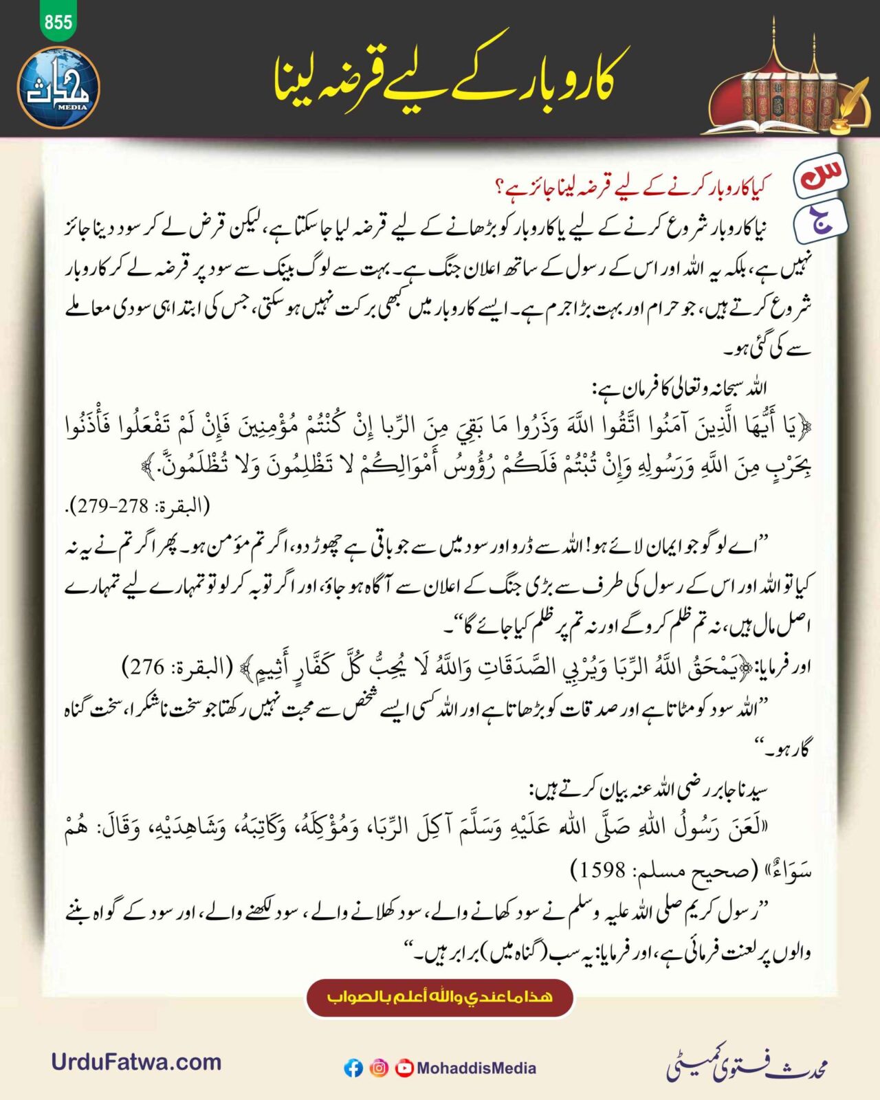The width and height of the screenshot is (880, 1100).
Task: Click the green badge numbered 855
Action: (x=58, y=22)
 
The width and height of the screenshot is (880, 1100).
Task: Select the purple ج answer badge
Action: (x=820, y=221)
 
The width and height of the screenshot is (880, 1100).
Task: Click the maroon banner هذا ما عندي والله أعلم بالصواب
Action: (x=440, y=997)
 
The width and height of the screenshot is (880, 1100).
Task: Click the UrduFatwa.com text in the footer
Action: (x=136, y=1062)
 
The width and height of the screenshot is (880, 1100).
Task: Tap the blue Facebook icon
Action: (x=353, y=1068)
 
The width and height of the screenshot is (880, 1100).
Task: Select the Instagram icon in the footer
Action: (x=379, y=1068)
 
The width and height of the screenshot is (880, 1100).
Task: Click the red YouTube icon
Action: (x=404, y=1068)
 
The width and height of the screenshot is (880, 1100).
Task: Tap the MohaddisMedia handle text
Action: (x=476, y=1068)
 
